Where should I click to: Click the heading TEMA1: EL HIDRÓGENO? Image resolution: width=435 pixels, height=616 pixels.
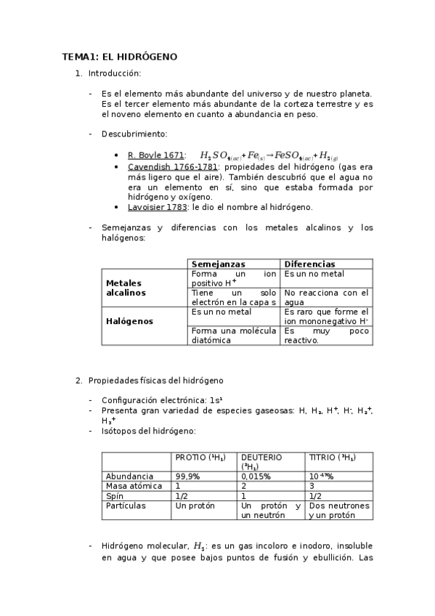(119, 56)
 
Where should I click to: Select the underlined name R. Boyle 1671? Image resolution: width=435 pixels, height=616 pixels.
(155, 155)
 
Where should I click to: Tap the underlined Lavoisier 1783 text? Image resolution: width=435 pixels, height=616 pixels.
(158, 207)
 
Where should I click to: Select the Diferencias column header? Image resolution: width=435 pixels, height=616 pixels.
(309, 264)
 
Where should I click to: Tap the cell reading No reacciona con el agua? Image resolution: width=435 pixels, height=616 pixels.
(326, 297)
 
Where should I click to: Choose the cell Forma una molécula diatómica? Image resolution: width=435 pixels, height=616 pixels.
(233, 335)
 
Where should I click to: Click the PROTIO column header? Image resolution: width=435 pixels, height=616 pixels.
(200, 457)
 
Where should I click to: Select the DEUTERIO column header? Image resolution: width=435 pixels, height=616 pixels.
(261, 461)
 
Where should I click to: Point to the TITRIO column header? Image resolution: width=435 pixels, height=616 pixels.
(333, 457)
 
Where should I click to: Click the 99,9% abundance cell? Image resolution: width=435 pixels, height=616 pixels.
(187, 476)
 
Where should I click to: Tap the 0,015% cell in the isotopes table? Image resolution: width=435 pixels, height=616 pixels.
(256, 476)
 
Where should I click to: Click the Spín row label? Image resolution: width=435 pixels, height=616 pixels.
(116, 495)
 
